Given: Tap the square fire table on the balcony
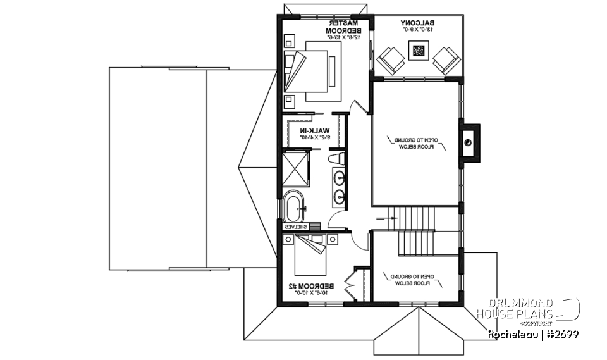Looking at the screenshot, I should (418, 51).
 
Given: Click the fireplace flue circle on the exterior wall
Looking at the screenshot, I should (467, 142).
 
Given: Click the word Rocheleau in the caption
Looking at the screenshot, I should (511, 333).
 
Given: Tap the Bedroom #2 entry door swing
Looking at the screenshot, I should (359, 242).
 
